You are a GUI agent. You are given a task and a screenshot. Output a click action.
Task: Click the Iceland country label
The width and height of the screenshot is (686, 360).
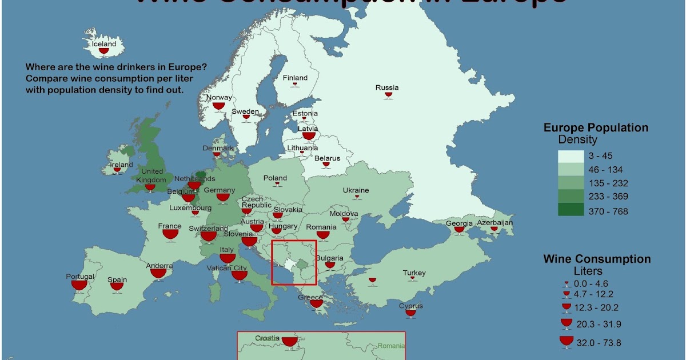[104, 44]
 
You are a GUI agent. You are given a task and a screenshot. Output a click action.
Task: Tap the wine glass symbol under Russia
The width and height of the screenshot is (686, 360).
[389, 95]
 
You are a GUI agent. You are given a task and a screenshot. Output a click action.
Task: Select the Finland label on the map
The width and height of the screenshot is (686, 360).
[295, 78]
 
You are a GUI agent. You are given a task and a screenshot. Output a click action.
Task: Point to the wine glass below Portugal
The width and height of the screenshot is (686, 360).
[79, 285]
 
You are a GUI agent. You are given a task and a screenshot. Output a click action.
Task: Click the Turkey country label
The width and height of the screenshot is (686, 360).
[414, 273]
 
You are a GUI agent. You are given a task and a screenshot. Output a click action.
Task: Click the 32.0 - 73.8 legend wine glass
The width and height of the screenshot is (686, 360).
[567, 342]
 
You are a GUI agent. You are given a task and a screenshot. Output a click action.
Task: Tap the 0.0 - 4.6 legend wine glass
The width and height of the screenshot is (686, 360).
[567, 283]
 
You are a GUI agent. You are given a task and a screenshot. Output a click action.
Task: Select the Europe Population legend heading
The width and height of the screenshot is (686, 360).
[596, 128]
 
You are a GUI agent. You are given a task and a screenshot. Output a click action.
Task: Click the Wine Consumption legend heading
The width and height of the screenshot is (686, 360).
[597, 259]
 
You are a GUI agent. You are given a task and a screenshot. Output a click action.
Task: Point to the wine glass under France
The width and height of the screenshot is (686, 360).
[170, 234]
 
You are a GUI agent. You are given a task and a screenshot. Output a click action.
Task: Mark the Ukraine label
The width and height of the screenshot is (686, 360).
[356, 190]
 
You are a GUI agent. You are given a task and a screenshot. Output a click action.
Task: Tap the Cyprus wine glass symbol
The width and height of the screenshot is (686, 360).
[410, 313]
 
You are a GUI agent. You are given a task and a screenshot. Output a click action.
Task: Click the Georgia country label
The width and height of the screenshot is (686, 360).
[459, 223]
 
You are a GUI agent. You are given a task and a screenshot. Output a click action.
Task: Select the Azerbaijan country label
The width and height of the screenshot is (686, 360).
[495, 222]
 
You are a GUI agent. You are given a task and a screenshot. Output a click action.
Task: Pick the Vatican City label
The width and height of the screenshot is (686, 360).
[227, 268]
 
